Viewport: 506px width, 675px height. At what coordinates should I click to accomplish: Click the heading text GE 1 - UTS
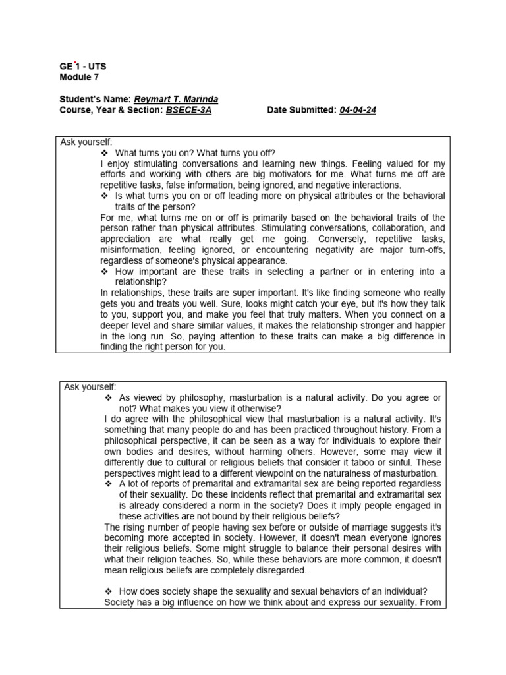(82, 67)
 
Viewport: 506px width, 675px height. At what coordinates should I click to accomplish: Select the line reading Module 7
(78, 77)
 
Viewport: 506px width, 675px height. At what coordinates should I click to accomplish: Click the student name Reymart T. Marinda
(176, 99)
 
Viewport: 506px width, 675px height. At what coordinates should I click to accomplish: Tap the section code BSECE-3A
(188, 110)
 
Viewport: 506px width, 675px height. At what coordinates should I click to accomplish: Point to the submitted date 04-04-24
(358, 110)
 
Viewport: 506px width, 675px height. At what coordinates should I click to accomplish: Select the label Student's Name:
(95, 99)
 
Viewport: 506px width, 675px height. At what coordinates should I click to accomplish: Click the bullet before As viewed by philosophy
(109, 398)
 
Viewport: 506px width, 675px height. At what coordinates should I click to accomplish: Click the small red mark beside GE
(75, 61)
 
